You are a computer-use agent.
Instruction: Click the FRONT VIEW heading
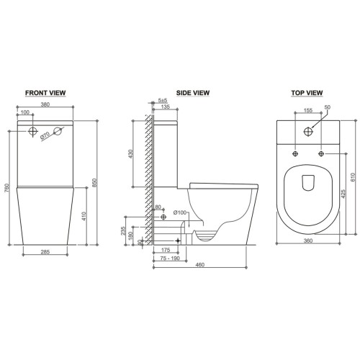tap(45, 93)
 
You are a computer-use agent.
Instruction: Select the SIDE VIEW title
tap(193, 93)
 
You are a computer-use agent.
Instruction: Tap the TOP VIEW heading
tap(307, 93)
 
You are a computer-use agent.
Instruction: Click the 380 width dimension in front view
tap(45, 104)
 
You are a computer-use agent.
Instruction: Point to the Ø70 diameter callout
tap(45, 136)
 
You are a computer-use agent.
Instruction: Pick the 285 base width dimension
tap(45, 252)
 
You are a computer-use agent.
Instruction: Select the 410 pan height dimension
tap(84, 216)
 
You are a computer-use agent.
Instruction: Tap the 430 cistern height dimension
tap(130, 154)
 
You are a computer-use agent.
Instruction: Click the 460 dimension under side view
tap(200, 264)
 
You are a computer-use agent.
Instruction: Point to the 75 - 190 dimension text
tap(170, 258)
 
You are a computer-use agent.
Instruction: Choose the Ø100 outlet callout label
tap(180, 212)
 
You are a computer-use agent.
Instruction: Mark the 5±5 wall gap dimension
tap(163, 100)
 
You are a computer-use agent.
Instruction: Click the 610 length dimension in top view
tap(353, 177)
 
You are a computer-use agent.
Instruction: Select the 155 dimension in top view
tap(308, 110)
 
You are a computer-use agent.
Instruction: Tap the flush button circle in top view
tap(308, 132)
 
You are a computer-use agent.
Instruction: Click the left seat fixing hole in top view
tap(295, 153)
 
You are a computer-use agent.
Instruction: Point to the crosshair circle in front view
tap(33, 131)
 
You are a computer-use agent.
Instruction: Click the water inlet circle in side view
tap(163, 217)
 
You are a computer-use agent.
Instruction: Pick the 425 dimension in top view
tap(343, 194)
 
